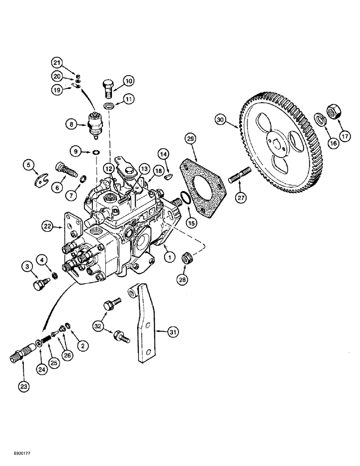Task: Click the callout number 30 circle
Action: (221, 119)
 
